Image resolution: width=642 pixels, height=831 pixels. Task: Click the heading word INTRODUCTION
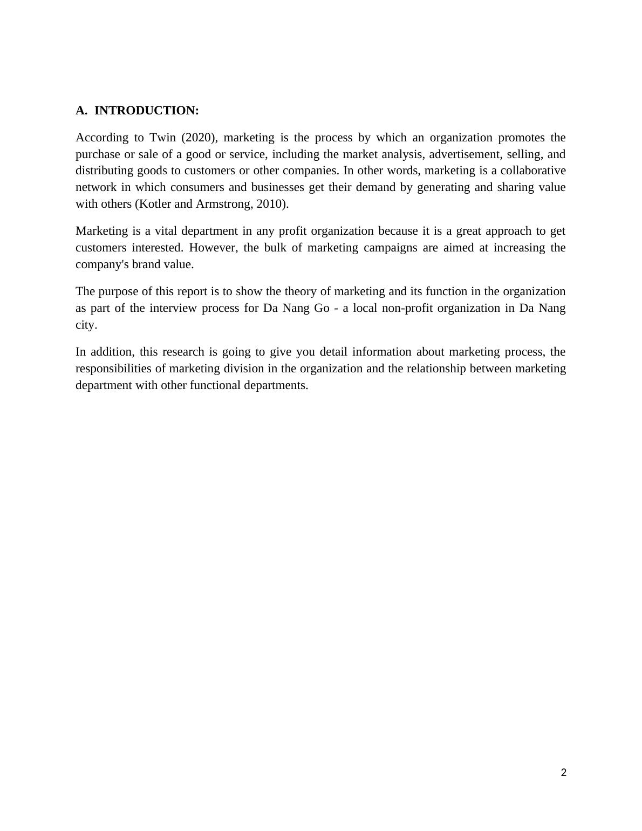pos(146,111)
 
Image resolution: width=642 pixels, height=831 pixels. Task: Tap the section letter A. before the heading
pos(81,111)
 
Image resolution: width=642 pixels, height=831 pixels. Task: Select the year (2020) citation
pos(199,138)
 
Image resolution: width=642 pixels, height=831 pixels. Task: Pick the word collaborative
pos(533,171)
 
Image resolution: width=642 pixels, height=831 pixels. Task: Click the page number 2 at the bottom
pos(564,773)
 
